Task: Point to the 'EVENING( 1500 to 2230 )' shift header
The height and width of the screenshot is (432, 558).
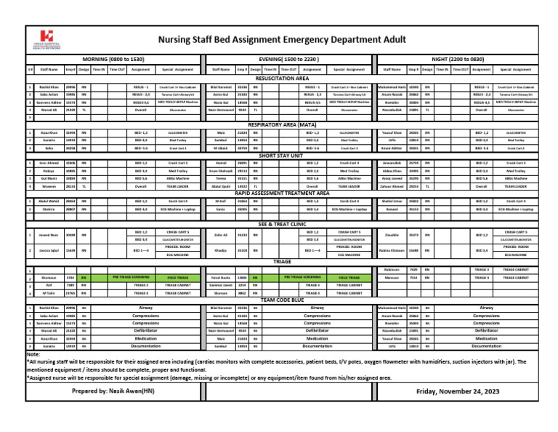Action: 288,57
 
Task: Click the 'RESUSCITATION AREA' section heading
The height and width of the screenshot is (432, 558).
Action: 283,78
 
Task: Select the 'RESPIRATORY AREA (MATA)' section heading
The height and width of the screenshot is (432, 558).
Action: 283,125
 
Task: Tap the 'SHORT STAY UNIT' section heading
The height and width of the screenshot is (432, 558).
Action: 283,156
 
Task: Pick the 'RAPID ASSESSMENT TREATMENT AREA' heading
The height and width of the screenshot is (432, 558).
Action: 283,193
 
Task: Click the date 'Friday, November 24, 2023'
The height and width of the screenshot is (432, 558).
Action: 458,391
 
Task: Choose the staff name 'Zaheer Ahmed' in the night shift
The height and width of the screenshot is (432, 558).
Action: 392,186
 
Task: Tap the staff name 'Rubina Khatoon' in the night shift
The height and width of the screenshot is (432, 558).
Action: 392,250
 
